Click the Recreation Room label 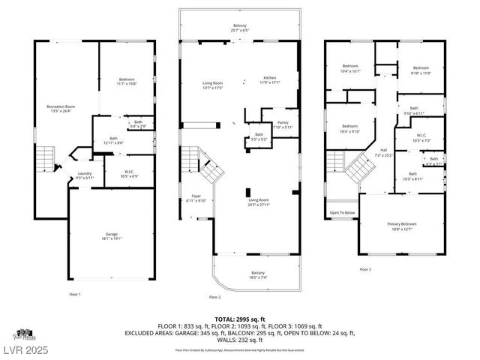point(61,109)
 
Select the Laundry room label point(84,175)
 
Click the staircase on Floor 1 point(46,158)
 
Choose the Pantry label point(282,124)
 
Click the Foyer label point(197,198)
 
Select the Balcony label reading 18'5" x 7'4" point(258,274)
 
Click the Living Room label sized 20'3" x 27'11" point(259,202)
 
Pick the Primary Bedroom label point(402,226)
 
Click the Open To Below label point(342,213)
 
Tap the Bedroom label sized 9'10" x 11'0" point(421,70)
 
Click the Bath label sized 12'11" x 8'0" point(113,139)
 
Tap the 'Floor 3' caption point(364,269)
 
